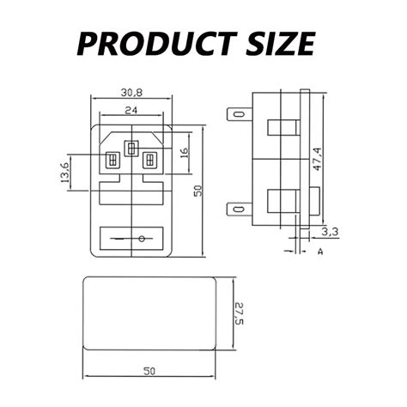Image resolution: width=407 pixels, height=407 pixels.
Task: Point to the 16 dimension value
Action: [x=182, y=155]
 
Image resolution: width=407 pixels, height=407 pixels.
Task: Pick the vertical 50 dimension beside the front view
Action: [x=197, y=191]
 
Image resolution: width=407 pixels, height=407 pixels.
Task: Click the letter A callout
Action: [x=319, y=252]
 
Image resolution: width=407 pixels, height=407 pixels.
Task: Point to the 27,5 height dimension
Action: [x=240, y=312]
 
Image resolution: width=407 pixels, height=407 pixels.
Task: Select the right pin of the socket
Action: [x=149, y=160]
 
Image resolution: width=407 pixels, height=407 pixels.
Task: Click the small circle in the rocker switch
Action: [x=140, y=238]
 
